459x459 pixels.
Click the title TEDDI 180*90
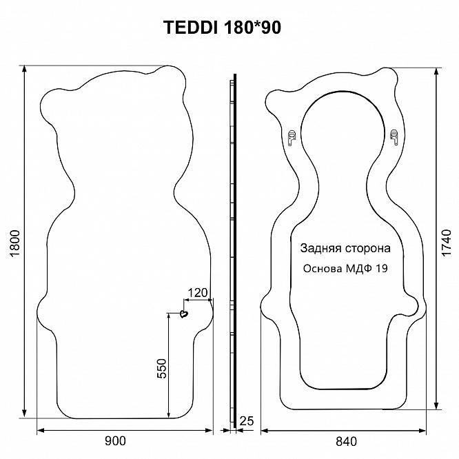point(222,28)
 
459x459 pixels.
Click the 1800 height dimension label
point(14,243)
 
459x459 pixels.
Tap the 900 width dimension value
point(115,441)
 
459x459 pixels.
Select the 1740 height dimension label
point(447,243)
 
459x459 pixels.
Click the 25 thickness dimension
point(247,421)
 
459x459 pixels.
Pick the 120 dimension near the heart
point(198,293)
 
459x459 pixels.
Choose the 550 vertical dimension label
point(161,368)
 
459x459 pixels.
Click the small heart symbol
point(183,314)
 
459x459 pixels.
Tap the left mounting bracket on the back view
point(292,138)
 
